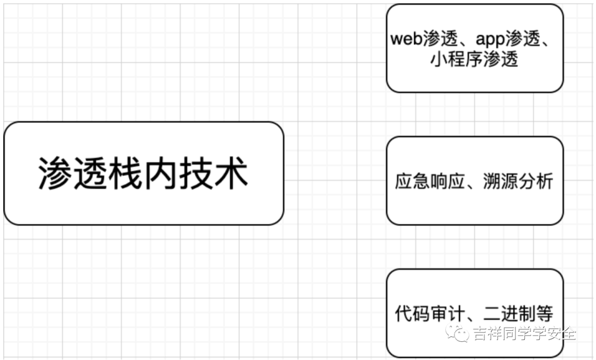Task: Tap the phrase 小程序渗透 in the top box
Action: pyautogui.click(x=475, y=59)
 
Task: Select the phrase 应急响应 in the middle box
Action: pyautogui.click(x=427, y=182)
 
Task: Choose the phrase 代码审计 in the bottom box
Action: pyautogui.click(x=427, y=314)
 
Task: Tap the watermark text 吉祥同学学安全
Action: pyautogui.click(x=524, y=333)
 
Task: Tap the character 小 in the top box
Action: pyautogui.click(x=439, y=59)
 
